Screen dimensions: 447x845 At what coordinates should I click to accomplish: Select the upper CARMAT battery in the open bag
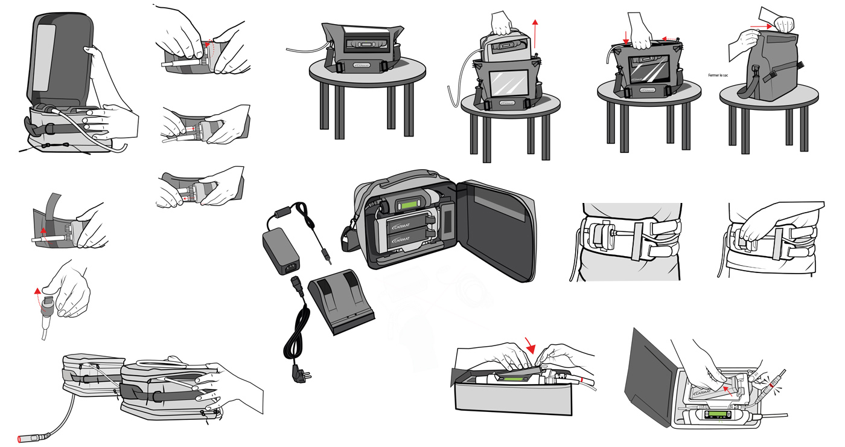point(404,229)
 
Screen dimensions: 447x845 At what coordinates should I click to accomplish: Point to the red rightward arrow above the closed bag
point(762,26)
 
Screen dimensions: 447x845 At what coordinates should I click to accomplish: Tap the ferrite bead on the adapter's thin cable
point(280,213)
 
